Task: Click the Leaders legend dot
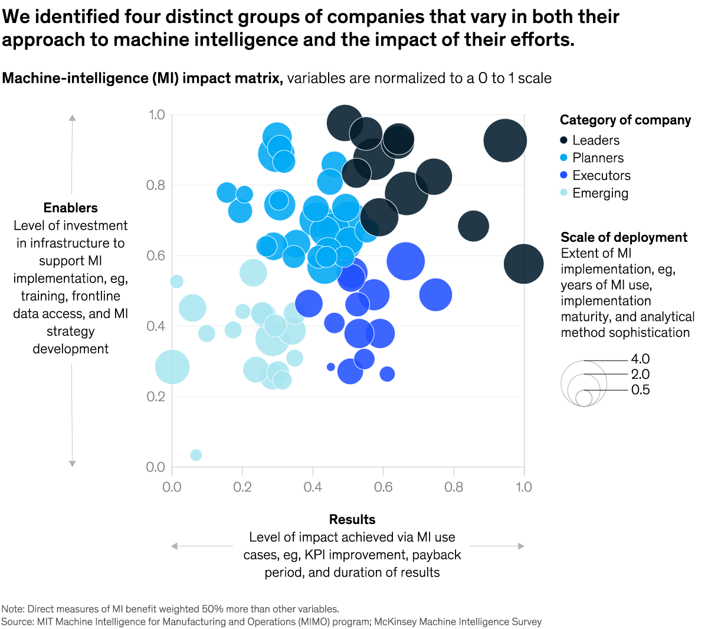(563, 140)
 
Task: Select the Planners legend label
(598, 158)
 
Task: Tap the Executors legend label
(601, 176)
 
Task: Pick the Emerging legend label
(600, 194)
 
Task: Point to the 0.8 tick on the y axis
(156, 185)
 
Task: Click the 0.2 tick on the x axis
(242, 487)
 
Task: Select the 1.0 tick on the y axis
(156, 114)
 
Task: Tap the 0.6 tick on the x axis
(383, 487)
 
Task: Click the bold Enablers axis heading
(71, 208)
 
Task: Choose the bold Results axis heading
(352, 519)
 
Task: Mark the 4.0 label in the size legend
(640, 359)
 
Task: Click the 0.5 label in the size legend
(640, 390)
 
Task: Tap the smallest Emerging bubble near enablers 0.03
(196, 455)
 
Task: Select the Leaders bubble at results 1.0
(523, 264)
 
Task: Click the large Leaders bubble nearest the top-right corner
(505, 140)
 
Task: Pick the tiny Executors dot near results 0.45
(330, 367)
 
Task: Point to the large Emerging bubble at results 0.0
(172, 367)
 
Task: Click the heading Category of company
(625, 120)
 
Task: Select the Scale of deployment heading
(624, 237)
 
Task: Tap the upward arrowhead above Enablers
(72, 117)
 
